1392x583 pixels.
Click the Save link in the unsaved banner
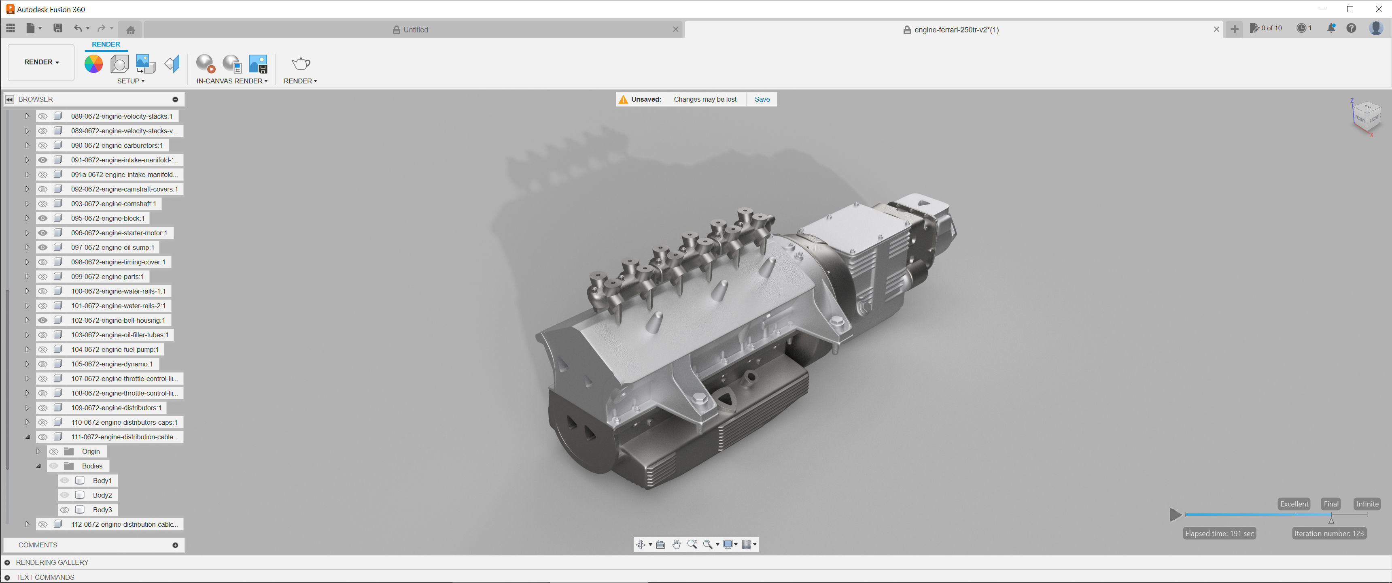[762, 100]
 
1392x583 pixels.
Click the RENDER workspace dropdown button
[41, 62]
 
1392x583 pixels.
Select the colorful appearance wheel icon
[93, 64]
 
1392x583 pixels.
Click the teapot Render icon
[300, 64]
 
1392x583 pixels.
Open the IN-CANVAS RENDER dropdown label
[232, 81]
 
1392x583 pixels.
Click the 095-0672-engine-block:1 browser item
[108, 219]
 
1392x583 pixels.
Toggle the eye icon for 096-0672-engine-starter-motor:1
[42, 233]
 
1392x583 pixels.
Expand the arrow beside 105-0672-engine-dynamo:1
[27, 364]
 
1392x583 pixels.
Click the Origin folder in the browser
[90, 451]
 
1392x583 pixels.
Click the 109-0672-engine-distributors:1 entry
[116, 408]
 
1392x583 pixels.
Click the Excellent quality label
[1294, 504]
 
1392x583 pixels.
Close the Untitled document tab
[675, 30]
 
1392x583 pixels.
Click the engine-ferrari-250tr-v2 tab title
[956, 30]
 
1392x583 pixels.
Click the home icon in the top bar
[130, 30]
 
